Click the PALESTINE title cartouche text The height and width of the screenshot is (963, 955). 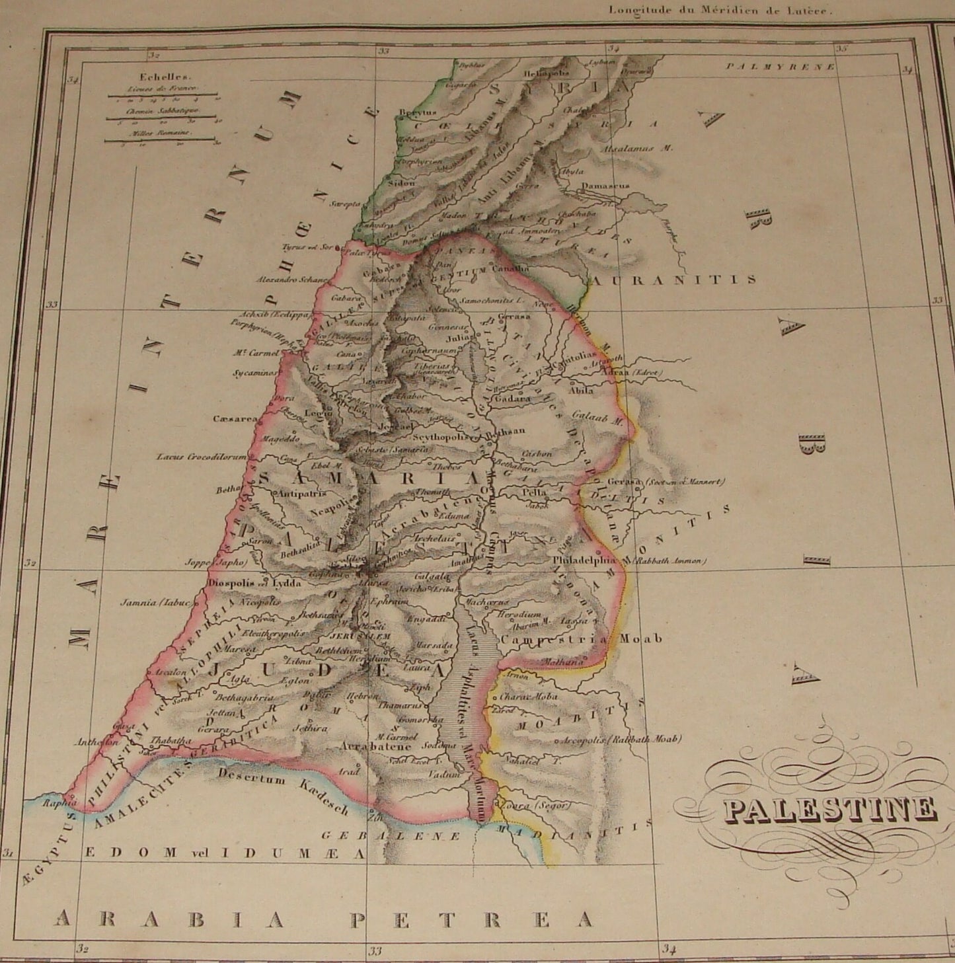(830, 810)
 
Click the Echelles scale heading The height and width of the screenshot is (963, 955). (153, 76)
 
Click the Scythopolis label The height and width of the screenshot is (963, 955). (440, 437)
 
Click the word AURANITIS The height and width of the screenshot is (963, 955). (674, 280)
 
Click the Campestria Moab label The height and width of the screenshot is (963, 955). (582, 639)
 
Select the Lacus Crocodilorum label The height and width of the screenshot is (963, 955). (201, 457)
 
